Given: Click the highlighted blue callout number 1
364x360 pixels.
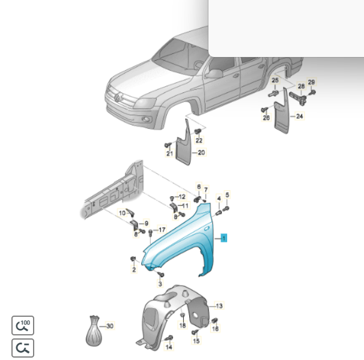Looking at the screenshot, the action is coord(224,238).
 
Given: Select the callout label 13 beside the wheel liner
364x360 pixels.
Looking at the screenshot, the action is coord(219,306).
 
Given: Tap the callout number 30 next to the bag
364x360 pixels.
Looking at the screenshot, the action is coord(110,326).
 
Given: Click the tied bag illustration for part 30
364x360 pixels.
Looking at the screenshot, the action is coord(94,331).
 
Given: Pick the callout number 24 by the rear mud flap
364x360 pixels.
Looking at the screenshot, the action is coord(300,116).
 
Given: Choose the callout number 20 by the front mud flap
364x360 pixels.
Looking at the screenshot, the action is coord(201,152).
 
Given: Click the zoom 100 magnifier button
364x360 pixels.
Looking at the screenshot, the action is coord(23,325).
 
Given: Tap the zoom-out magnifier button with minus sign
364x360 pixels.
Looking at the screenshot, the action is coord(23,348).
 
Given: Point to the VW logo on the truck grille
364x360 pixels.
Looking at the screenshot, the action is coord(118,97).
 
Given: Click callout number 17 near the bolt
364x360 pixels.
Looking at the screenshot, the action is coord(162,230).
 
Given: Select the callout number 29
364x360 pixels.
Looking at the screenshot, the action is coord(311,82).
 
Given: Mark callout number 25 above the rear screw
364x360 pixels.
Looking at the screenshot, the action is coord(275,80).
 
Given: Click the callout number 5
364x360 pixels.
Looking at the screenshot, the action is coord(227,195).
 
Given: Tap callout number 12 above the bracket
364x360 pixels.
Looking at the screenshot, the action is coord(182,197).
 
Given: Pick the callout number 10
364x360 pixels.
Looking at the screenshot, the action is coord(122,213).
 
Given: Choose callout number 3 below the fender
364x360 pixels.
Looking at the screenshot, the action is coord(160,283).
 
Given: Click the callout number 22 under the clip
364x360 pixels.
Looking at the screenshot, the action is coord(199,140).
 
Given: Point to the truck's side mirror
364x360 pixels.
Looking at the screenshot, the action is coord(214,74).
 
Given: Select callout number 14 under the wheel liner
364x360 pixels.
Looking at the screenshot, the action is coord(169,347).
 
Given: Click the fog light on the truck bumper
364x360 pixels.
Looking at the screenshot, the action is coord(146,119).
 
